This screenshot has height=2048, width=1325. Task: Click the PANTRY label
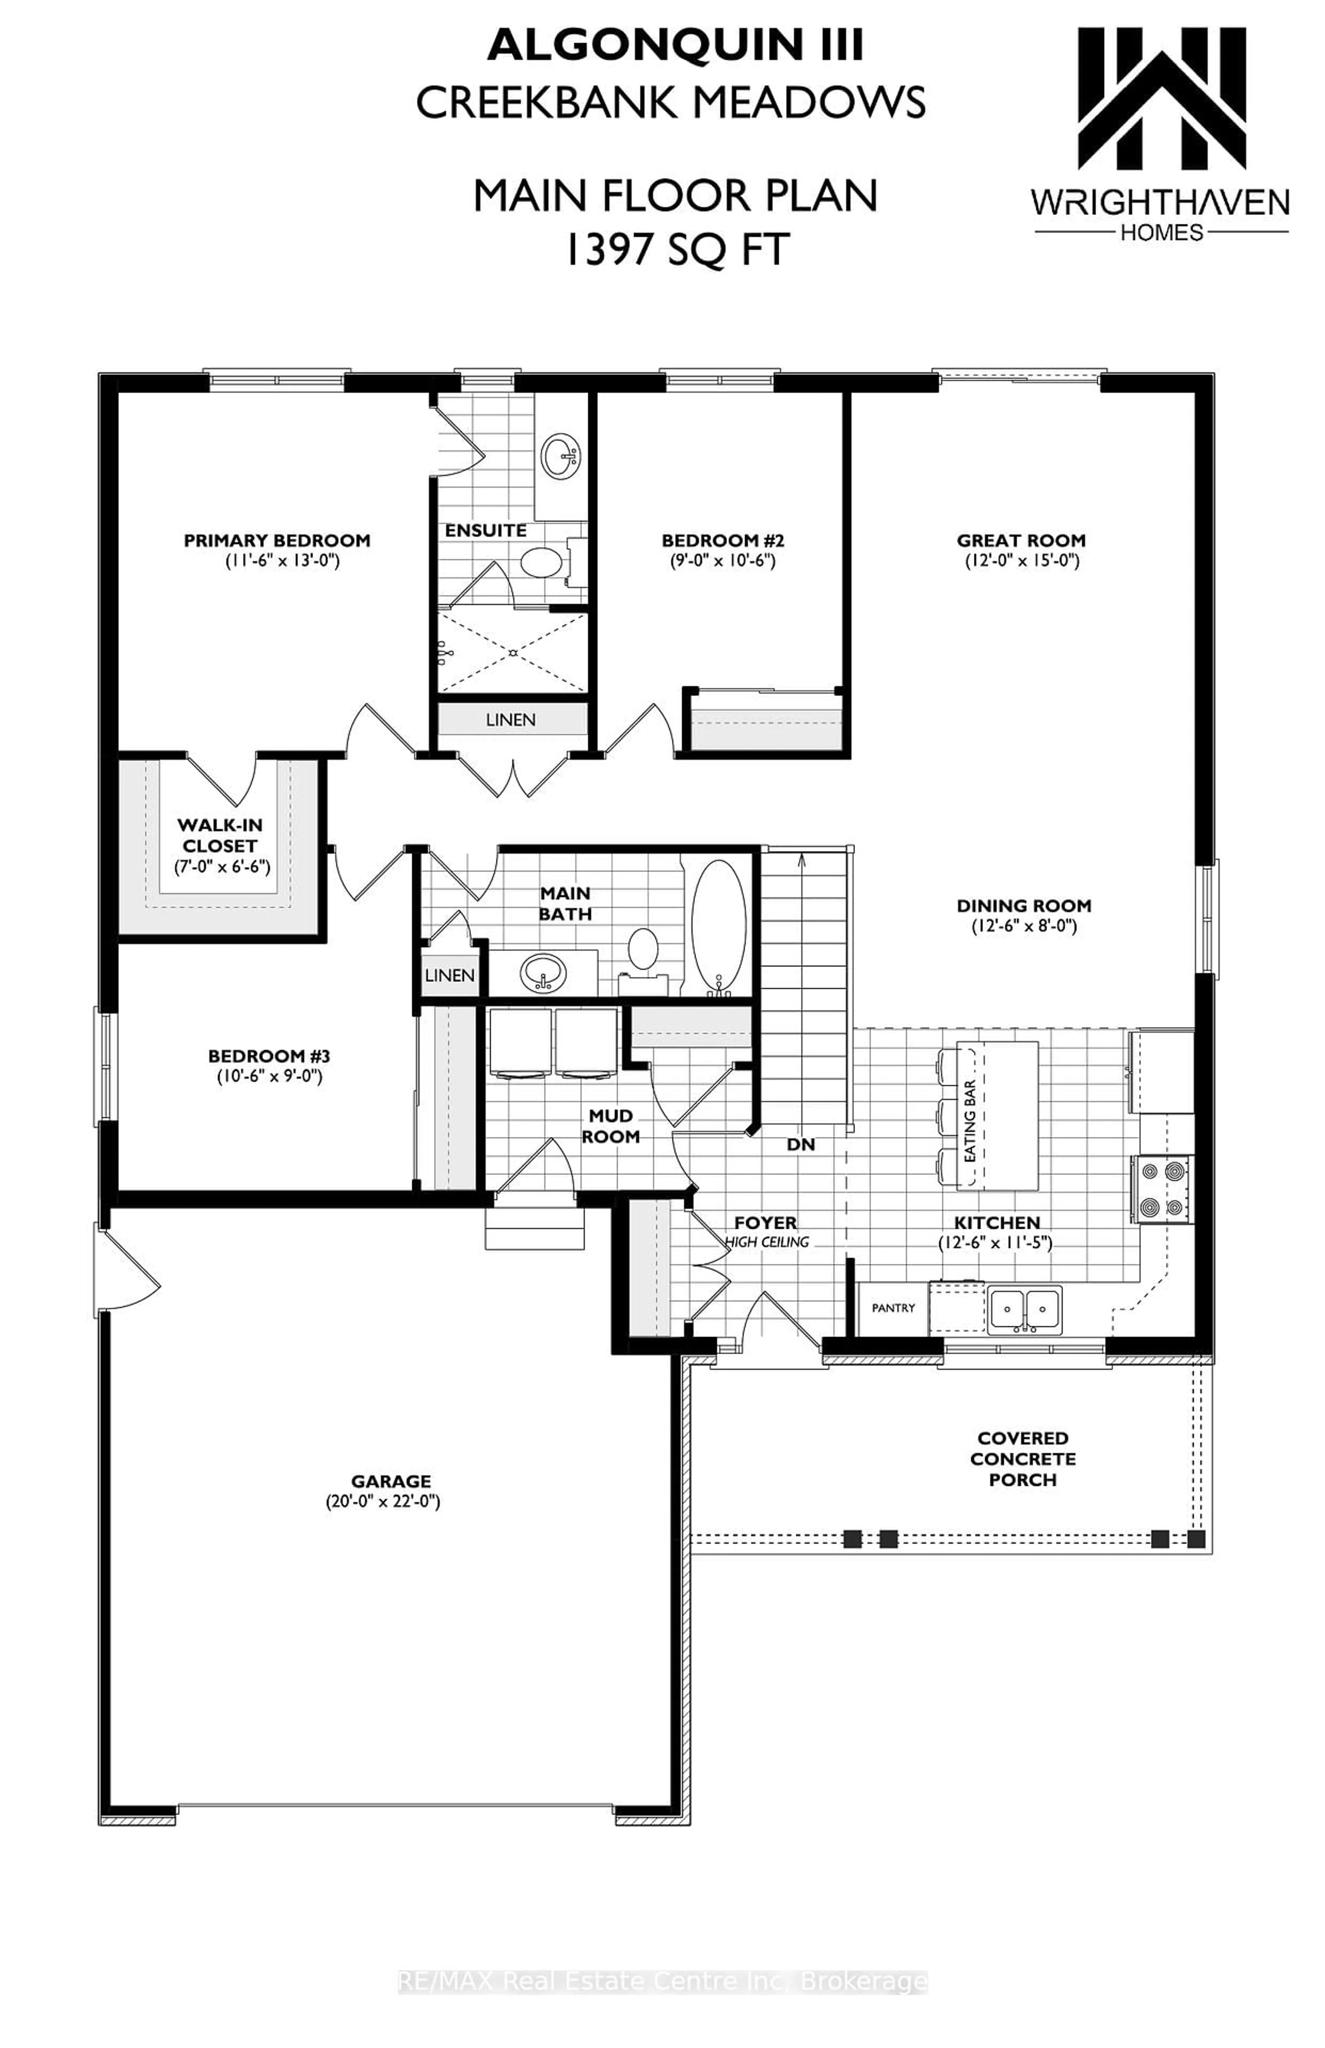[x=893, y=1308]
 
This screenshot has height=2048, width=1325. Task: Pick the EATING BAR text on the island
[x=970, y=1121]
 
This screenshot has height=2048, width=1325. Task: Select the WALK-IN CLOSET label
[x=219, y=835]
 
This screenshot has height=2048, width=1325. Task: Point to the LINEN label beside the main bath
[x=449, y=975]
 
